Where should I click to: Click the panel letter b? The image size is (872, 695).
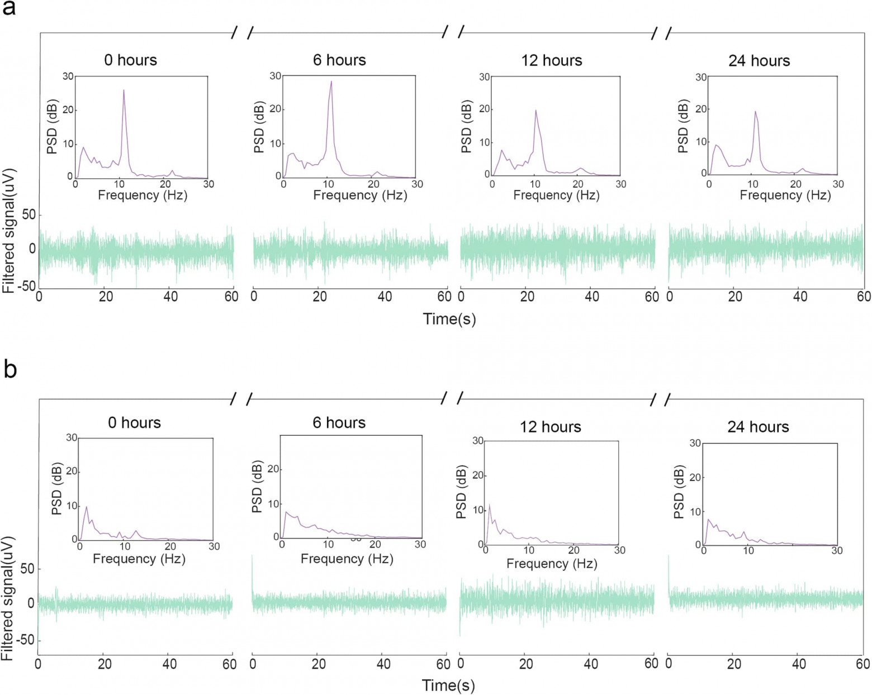(10, 369)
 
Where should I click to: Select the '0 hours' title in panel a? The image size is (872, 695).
(130, 60)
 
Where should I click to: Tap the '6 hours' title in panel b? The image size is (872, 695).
(339, 422)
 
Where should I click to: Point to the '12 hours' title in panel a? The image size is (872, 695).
(551, 60)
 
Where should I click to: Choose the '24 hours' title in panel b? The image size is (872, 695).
(758, 427)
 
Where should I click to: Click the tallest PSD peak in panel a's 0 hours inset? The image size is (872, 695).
(124, 90)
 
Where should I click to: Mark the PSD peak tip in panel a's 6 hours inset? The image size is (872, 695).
(331, 82)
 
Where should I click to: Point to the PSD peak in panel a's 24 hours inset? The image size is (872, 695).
(755, 111)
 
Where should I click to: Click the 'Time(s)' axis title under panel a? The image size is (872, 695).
(449, 319)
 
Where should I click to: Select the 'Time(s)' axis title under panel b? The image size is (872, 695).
(448, 686)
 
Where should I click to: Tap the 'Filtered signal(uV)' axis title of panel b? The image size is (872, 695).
(8, 598)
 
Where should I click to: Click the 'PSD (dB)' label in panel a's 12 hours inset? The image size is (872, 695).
(467, 127)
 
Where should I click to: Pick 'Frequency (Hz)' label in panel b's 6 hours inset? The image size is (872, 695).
(347, 559)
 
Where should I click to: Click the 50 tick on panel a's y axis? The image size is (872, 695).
(29, 215)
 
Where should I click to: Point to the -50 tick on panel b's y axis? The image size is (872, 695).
(24, 640)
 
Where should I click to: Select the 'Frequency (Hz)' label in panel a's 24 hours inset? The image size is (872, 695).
(785, 195)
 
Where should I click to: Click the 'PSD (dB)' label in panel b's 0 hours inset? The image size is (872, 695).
(57, 489)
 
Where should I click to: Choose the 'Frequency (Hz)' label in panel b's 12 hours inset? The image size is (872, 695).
(552, 564)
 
